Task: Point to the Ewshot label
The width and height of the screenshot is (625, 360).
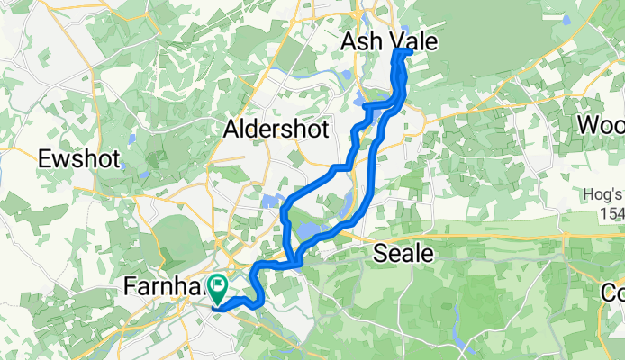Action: (77, 159)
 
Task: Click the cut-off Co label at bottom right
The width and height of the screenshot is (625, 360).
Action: (613, 293)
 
